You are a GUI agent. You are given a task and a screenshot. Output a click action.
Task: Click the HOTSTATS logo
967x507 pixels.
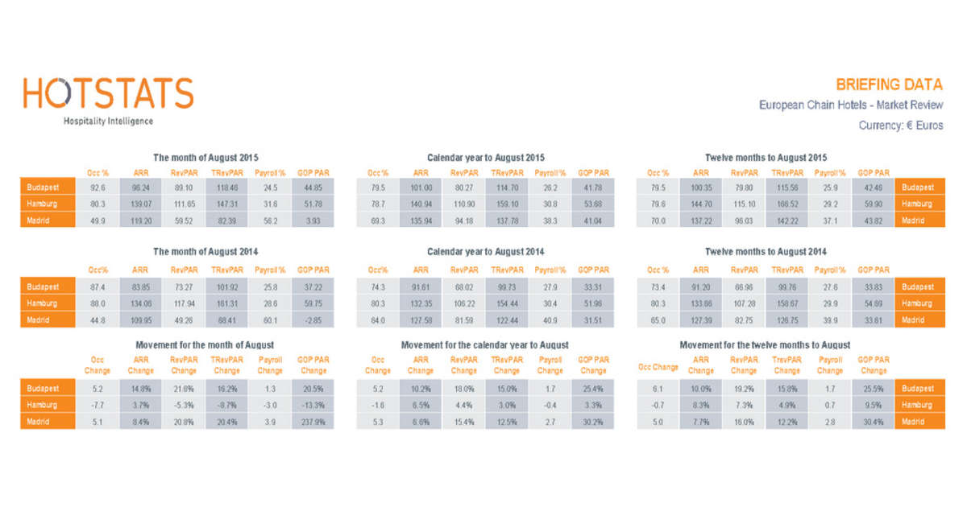[108, 93]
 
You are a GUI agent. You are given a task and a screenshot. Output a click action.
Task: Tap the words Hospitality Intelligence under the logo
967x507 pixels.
[108, 122]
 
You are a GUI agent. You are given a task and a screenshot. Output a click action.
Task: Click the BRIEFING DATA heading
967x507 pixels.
[889, 84]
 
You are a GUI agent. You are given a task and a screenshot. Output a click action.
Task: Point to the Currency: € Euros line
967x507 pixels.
[900, 126]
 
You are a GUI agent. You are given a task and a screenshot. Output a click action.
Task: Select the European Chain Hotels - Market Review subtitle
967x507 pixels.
[850, 105]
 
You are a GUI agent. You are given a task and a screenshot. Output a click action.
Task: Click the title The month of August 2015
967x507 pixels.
[206, 158]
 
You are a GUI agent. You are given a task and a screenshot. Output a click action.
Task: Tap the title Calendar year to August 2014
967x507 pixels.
[485, 252]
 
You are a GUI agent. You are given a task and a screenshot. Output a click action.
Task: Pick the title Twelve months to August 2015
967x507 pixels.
[766, 158]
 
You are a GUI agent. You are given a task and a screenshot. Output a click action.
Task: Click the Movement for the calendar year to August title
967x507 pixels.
[484, 345]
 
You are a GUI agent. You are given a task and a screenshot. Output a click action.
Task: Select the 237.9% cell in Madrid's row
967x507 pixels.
[313, 421]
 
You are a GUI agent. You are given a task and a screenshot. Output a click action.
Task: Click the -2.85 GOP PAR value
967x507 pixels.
[313, 320]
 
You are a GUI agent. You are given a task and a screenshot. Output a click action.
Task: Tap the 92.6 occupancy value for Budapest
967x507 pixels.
[98, 188]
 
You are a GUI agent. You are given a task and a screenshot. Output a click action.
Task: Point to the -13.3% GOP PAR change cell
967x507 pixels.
[313, 405]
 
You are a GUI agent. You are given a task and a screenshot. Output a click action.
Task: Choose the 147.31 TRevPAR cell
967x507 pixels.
[226, 204]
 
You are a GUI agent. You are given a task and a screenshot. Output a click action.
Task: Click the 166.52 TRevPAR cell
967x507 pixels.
[786, 204]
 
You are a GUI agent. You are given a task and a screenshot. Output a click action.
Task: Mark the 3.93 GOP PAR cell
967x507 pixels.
[313, 220]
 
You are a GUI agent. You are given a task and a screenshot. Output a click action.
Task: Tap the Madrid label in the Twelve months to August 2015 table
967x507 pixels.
[918, 220]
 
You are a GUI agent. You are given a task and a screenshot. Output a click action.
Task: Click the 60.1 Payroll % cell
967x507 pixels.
[270, 320]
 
